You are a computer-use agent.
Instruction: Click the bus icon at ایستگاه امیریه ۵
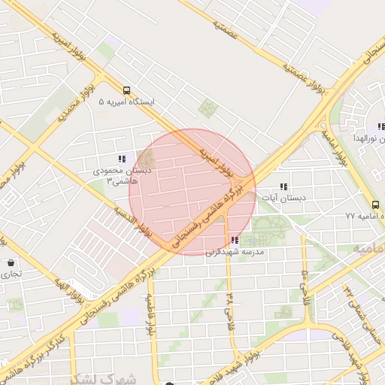(x=126, y=89)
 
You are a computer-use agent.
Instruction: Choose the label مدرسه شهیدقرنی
(x=235, y=252)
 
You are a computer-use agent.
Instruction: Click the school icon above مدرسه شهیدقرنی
(x=235, y=240)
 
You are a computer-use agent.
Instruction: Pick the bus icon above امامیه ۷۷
(x=375, y=204)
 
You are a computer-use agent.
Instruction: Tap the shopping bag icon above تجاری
(x=11, y=263)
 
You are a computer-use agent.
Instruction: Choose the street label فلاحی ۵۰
(x=304, y=281)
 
